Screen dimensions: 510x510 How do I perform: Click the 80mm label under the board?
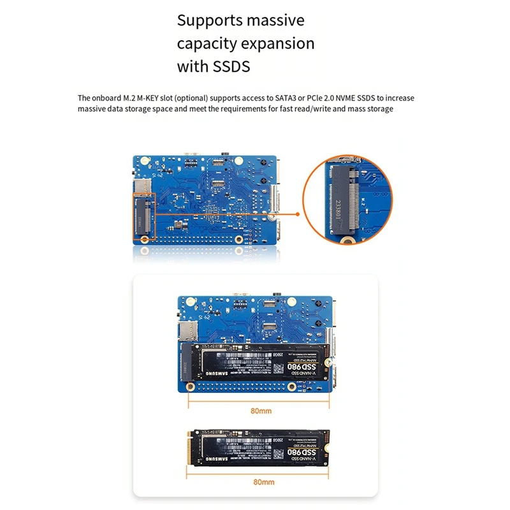[x=261, y=411]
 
